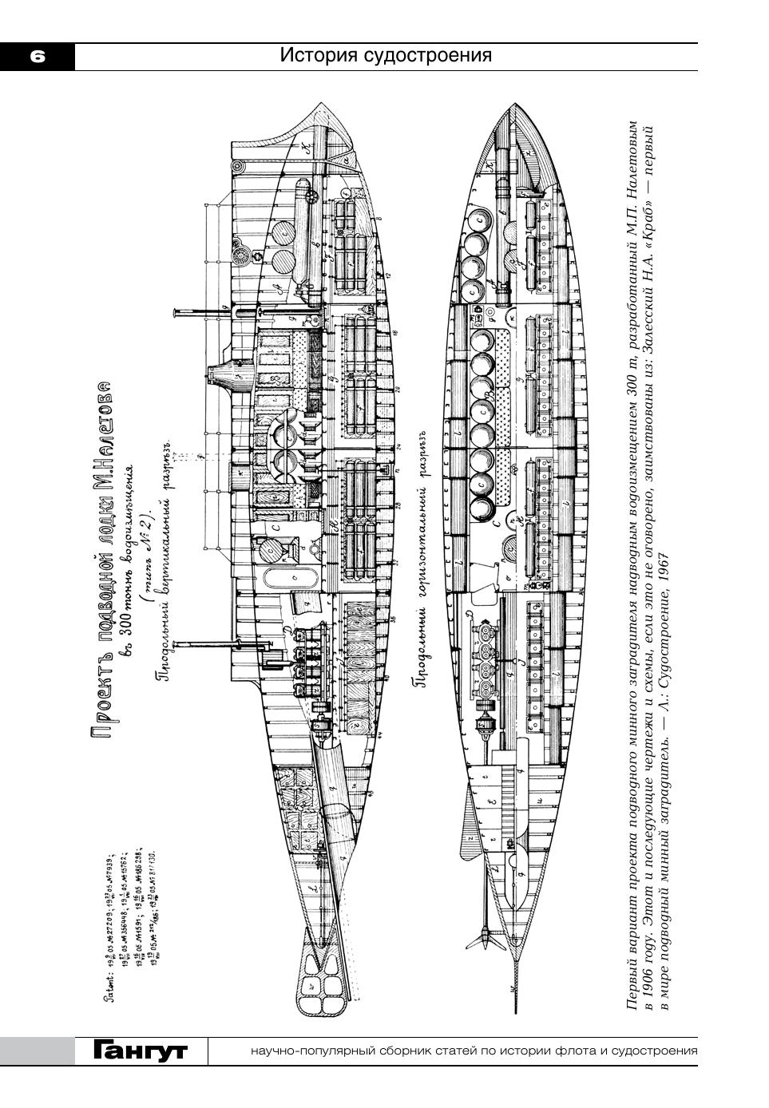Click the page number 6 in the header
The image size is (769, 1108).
38,56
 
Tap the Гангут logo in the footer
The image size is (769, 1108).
140,1051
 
